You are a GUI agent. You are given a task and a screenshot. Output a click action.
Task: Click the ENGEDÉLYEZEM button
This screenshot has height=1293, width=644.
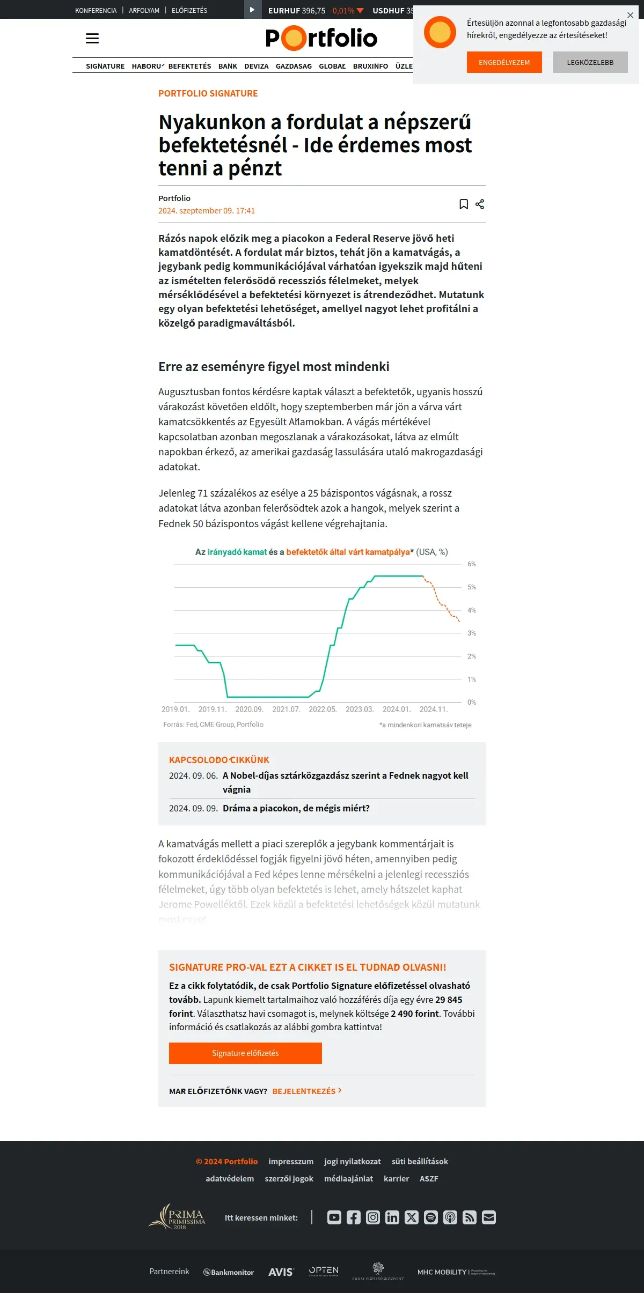coord(504,62)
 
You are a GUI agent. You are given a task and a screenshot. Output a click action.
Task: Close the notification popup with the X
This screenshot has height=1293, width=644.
coord(630,15)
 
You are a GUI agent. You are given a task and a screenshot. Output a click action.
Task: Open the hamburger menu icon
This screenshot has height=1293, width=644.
coord(92,38)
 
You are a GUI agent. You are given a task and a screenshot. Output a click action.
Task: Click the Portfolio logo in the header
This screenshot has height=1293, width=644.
coord(321,38)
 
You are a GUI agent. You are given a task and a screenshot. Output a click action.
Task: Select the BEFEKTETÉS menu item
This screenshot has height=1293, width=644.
coord(189,66)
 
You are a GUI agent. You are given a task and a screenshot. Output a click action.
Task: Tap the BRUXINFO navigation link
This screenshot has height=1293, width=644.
coord(370,66)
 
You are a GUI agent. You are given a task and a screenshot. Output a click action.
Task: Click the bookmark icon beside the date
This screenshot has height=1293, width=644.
coord(464,204)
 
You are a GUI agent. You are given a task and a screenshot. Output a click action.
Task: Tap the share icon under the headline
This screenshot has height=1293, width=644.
coord(480,204)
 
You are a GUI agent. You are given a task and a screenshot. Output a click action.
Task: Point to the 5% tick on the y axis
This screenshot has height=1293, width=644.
coord(472,587)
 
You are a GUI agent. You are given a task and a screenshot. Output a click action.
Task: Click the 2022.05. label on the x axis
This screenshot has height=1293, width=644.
coord(323,709)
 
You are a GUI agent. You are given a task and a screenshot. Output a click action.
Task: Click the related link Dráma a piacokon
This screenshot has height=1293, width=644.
coord(296,808)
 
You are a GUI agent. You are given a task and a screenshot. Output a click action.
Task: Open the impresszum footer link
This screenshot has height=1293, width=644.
coord(291,1161)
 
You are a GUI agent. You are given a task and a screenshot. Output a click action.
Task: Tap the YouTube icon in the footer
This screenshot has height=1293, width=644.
coord(334,1217)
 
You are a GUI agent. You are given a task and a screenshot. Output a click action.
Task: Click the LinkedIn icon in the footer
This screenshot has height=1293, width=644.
coord(392,1217)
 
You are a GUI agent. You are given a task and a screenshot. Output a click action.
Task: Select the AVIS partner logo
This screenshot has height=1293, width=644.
coord(281,1272)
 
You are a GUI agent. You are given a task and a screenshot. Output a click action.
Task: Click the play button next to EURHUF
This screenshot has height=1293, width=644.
coord(252,10)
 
